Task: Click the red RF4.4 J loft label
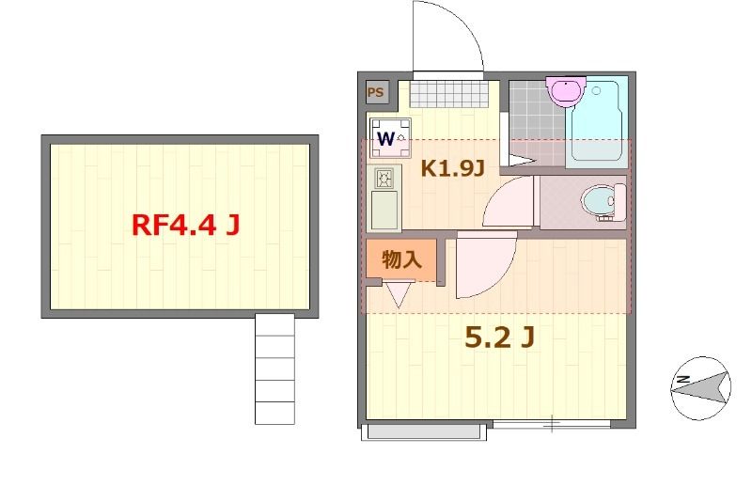(185, 225)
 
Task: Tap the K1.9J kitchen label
(453, 168)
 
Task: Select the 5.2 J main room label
(500, 337)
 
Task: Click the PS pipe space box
(375, 92)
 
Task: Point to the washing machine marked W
(390, 138)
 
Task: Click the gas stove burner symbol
(384, 179)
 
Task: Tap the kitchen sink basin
(384, 211)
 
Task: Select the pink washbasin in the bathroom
(566, 90)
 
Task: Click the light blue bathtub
(597, 122)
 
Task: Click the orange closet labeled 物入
(401, 259)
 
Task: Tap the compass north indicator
(700, 387)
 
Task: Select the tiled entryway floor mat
(448, 94)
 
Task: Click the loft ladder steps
(274, 368)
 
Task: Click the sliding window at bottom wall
(552, 424)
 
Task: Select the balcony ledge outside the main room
(424, 431)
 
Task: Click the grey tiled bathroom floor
(537, 122)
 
